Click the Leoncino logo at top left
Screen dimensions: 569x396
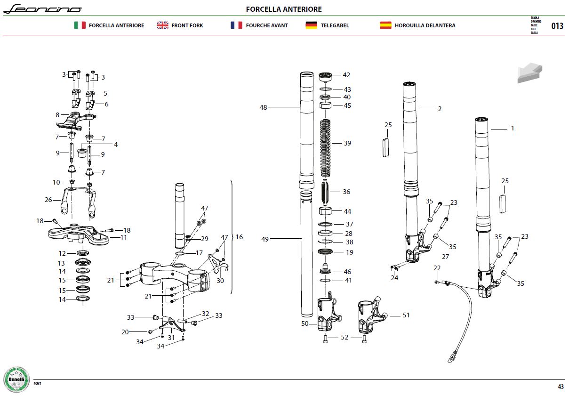point(42,9)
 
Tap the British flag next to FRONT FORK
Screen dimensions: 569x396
point(162,25)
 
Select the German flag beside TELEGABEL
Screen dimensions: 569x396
point(311,25)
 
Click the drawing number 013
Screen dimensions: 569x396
point(557,26)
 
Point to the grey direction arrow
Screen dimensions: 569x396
point(529,73)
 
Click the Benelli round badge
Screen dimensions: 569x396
point(16,380)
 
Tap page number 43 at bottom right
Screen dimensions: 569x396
point(561,387)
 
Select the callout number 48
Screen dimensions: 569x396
point(263,107)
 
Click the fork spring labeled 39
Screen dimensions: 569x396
point(325,148)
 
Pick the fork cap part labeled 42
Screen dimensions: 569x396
point(325,77)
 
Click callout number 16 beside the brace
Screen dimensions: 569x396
point(239,237)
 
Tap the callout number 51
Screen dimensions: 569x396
point(406,315)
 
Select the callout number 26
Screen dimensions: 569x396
point(48,200)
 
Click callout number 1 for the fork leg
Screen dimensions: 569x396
point(513,128)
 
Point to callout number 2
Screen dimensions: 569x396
point(440,109)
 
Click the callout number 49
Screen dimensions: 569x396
point(265,239)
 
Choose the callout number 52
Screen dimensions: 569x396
point(345,337)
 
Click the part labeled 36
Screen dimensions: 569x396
point(325,192)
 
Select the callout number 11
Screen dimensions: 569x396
point(123,237)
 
